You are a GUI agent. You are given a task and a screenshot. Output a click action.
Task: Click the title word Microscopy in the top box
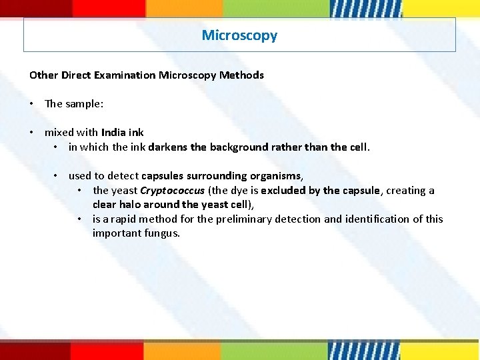(x=239, y=35)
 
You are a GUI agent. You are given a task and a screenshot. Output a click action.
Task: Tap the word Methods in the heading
(x=244, y=75)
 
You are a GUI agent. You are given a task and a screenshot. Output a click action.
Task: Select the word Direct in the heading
(x=77, y=75)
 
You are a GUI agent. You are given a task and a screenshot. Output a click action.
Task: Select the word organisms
(x=276, y=176)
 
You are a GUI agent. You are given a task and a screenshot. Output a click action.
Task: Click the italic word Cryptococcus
(x=172, y=191)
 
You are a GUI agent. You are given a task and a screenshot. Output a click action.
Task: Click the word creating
(x=405, y=191)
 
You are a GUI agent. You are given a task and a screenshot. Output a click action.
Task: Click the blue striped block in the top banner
(x=365, y=8)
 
